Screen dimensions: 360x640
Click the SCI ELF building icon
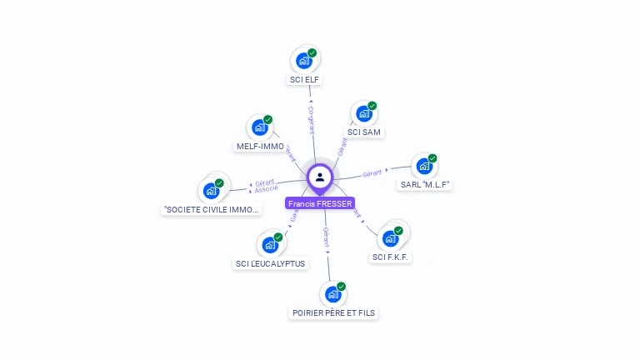304,61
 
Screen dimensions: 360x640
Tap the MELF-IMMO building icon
260,127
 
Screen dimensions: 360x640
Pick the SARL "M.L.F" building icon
424,166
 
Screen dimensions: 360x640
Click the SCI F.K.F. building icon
390,238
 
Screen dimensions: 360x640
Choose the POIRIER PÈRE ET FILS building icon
332,294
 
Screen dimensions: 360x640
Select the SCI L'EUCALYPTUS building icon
270,245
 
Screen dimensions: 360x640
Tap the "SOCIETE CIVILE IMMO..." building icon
212,191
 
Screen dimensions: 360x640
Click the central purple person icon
320,177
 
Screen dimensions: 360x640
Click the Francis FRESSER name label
320,203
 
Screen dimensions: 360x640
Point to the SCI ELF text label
304,80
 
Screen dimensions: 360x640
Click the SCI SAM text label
365,132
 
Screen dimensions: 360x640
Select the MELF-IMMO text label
260,147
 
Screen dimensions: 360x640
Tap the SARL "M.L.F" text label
425,184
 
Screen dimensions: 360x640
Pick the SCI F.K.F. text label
391,257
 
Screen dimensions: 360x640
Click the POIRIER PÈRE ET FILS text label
333,313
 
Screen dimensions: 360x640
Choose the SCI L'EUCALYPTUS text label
271,264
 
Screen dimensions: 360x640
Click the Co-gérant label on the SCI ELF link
311,120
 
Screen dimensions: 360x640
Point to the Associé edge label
266,190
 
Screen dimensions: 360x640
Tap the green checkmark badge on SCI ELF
312,53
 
